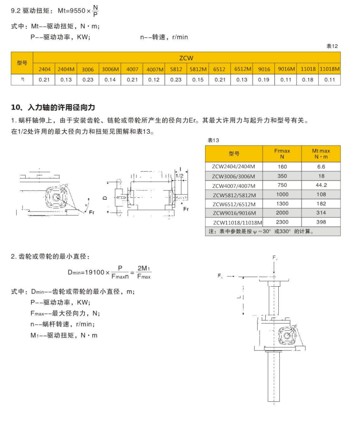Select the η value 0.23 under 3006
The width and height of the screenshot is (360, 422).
coord(88,80)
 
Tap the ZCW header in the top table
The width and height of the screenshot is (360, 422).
coord(186,58)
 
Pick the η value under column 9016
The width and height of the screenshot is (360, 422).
coord(264,80)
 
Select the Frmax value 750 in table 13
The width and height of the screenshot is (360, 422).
coord(282,185)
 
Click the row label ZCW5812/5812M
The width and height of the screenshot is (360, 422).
coord(234,195)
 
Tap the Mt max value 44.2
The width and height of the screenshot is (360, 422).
coord(321,185)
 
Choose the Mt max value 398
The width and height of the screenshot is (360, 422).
coord(321,222)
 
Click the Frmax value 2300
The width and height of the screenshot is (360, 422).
coord(282,222)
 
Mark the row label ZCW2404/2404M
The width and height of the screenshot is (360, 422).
coord(234,167)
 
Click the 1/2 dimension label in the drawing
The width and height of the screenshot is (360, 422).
coord(179,175)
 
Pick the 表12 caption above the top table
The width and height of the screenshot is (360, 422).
coord(332,46)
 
